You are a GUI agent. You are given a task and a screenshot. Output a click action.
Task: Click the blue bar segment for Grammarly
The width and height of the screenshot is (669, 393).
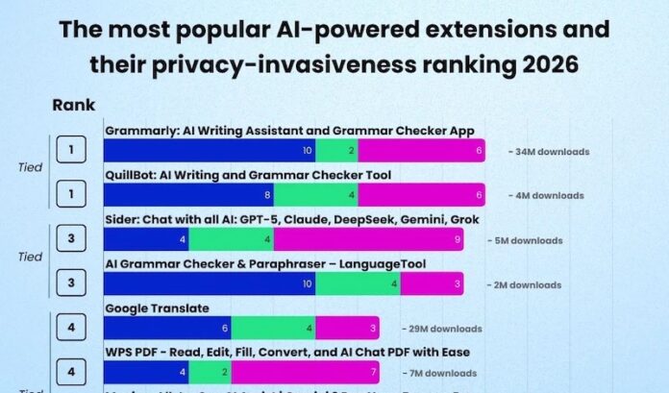[x=209, y=151]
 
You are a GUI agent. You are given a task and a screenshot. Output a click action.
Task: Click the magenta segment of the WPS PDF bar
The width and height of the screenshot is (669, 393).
[x=305, y=372]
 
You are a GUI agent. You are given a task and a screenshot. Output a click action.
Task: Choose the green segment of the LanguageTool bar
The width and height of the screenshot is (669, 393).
[x=358, y=283]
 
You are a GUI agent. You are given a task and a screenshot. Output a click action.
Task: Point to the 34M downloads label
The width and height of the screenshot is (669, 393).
[x=552, y=152]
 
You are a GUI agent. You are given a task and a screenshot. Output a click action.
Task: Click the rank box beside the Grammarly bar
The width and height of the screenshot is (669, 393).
[x=71, y=151]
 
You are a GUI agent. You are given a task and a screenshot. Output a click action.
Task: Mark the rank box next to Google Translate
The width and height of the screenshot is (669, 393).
[x=71, y=328]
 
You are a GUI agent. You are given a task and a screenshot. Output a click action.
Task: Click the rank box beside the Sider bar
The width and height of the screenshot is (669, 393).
[x=71, y=239]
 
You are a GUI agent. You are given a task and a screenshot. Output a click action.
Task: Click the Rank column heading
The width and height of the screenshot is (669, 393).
[x=73, y=106]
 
